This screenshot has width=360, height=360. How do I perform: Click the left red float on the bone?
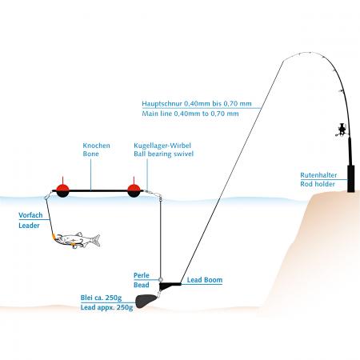pyautogui.click(x=62, y=190)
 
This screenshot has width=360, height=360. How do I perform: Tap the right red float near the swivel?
pyautogui.click(x=134, y=190)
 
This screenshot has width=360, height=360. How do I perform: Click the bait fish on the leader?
pyautogui.click(x=77, y=240)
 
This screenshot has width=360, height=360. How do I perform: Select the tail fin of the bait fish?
pyautogui.click(x=97, y=240)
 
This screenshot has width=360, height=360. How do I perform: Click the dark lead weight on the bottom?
pyautogui.click(x=144, y=301)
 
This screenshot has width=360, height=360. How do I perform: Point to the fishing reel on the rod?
pyautogui.click(x=342, y=130)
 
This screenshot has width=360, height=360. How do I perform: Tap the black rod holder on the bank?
pyautogui.click(x=350, y=178)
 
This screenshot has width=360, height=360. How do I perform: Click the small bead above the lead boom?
pyautogui.click(x=161, y=279)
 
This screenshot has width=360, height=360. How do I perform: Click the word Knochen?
pyautogui.click(x=96, y=146)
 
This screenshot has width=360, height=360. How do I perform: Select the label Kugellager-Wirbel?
pyautogui.click(x=162, y=146)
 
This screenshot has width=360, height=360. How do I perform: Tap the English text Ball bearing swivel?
pyautogui.click(x=163, y=154)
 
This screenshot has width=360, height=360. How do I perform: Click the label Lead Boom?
pyautogui.click(x=205, y=280)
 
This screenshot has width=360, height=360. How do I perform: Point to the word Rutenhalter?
pyautogui.click(x=318, y=175)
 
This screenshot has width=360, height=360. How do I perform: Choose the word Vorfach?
pyautogui.click(x=30, y=215)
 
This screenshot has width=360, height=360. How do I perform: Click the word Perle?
pyautogui.click(x=142, y=275)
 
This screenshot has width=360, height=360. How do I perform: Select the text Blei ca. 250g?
pyautogui.click(x=101, y=298)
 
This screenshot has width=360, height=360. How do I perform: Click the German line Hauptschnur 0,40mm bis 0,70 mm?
pyautogui.click(x=197, y=104)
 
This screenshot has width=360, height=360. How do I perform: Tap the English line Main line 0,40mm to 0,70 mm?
pyautogui.click(x=190, y=114)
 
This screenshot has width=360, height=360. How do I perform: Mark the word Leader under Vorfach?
pyautogui.click(x=29, y=226)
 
